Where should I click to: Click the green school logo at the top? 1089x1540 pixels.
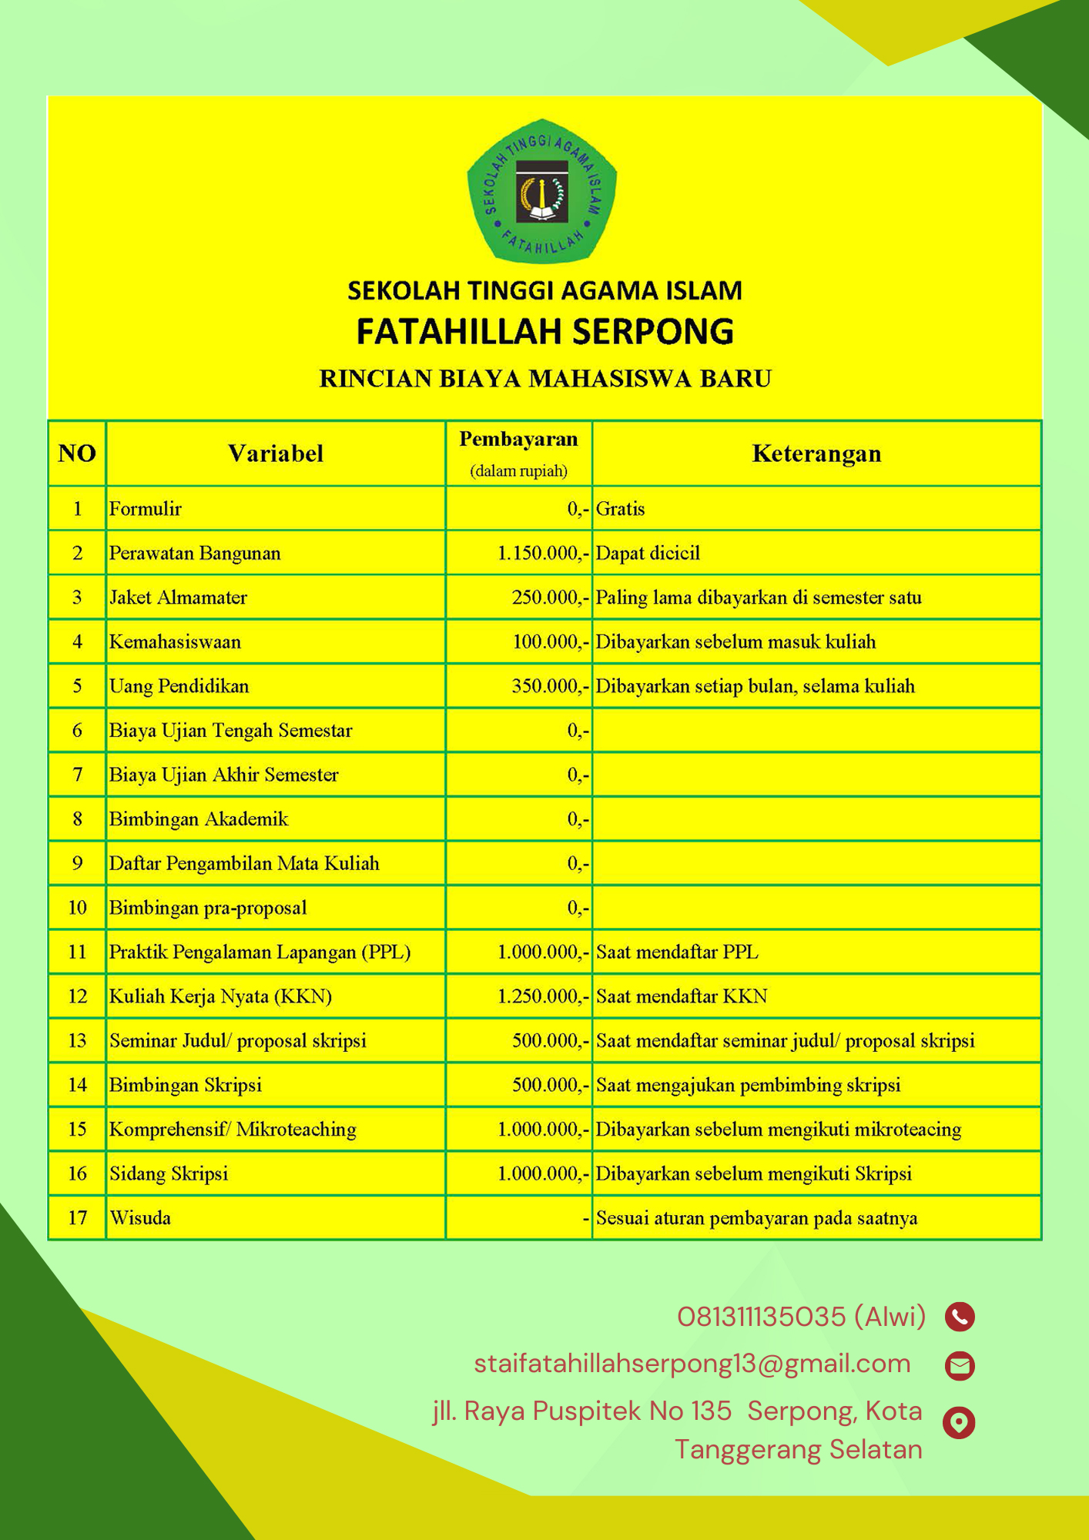542,191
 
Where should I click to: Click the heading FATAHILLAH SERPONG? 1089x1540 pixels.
544,331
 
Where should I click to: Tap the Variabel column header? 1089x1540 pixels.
275,454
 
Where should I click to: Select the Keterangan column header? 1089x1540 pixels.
816,454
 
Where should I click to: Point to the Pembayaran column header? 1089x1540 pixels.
518,440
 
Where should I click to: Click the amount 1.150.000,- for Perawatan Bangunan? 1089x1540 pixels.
543,553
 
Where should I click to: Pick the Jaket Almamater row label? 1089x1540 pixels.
178,598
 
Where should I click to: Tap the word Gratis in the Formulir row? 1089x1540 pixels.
620,509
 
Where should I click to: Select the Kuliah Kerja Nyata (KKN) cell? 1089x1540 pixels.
220,996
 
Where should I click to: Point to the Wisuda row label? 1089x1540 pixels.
140,1218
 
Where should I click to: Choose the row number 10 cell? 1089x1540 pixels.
77,908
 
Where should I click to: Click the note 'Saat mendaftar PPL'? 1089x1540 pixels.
677,952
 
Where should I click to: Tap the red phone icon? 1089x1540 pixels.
960,1317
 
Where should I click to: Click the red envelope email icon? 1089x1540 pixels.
960,1365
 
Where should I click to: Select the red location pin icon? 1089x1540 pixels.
959,1422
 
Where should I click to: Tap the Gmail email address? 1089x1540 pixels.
692,1364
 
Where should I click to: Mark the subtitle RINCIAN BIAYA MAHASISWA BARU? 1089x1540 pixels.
545,379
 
